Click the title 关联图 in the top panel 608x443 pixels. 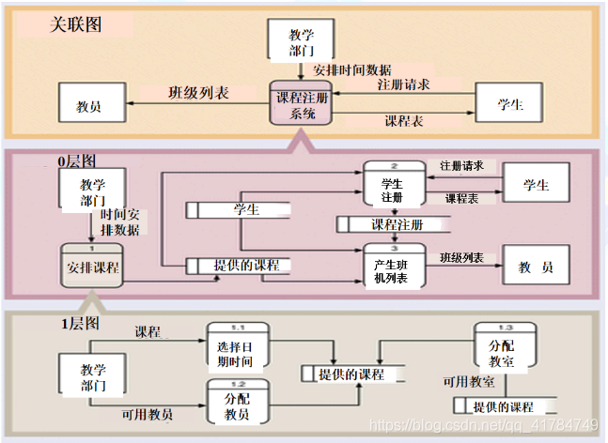pyautogui.click(x=75, y=24)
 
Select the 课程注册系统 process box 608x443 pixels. pyautogui.click(x=301, y=105)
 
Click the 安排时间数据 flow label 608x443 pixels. pyautogui.click(x=352, y=70)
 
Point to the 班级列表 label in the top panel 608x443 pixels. pyautogui.click(x=198, y=93)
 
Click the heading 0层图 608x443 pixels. pyautogui.click(x=77, y=161)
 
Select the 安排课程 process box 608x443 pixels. pyautogui.click(x=92, y=267)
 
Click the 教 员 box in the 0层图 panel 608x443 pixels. pyautogui.click(x=535, y=267)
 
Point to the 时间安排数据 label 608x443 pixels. pyautogui.click(x=120, y=221)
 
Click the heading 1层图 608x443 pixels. pyautogui.click(x=81, y=324)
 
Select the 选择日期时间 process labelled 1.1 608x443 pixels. pyautogui.click(x=237, y=347)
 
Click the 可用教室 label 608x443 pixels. pyautogui.click(x=470, y=383)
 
